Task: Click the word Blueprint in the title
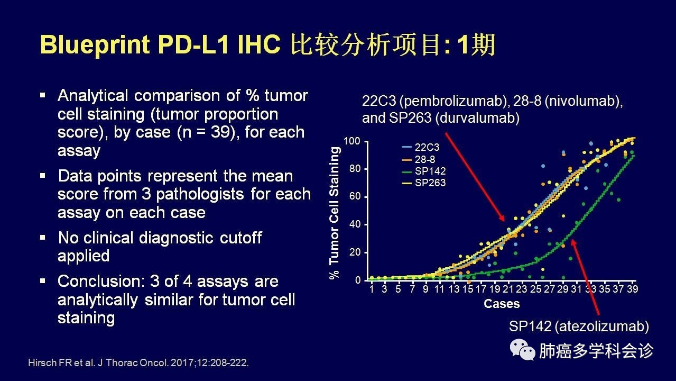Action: [95, 45]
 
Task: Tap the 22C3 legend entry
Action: [421, 147]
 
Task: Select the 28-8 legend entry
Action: [419, 159]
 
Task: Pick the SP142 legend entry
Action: [424, 171]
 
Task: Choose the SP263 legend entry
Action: [424, 183]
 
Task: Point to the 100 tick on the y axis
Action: [352, 141]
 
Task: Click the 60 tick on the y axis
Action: [355, 196]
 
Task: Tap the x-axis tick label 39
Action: [632, 289]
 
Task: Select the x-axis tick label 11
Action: [439, 289]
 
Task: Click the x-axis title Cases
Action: [502, 304]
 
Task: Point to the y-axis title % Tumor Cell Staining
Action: [334, 213]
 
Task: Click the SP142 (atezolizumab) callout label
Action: [579, 326]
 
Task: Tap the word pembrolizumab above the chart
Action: [455, 101]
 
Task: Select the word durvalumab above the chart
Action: [477, 118]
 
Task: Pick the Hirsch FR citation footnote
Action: [138, 362]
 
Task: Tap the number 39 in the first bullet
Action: [220, 132]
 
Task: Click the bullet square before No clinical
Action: [43, 238]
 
